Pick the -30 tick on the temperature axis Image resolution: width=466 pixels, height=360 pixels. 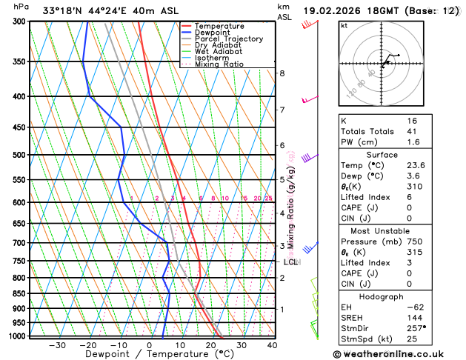click(x=57, y=344)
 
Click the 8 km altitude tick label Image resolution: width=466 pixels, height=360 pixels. click(x=282, y=73)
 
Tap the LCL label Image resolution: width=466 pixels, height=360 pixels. click(x=290, y=261)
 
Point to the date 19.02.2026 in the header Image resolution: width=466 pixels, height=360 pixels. click(x=334, y=10)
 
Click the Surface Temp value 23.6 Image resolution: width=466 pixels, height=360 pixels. click(x=413, y=165)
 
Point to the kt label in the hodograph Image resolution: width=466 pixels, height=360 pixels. click(x=344, y=25)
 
